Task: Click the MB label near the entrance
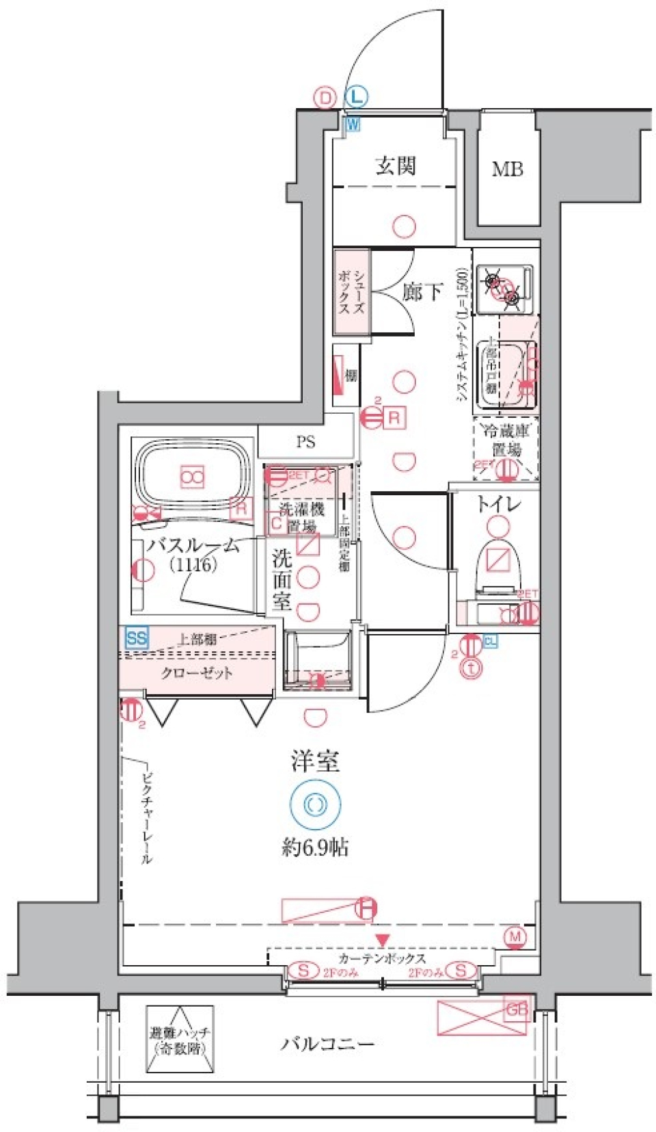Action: click(x=507, y=169)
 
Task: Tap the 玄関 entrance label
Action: click(x=395, y=166)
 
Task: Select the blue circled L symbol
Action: click(x=356, y=97)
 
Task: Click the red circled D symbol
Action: click(x=325, y=98)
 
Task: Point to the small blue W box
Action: click(x=353, y=124)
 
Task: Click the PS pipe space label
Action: click(x=305, y=442)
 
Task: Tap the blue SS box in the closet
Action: click(x=137, y=638)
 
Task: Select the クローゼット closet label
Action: click(x=197, y=673)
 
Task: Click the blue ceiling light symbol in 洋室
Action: click(x=314, y=804)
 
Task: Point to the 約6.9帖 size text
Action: click(x=315, y=847)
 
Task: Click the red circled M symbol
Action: click(x=515, y=936)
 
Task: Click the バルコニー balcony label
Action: click(x=327, y=1044)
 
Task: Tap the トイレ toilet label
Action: click(x=498, y=505)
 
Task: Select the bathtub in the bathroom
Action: click(x=192, y=475)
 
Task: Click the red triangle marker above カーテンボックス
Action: click(x=382, y=941)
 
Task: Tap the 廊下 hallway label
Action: click(x=421, y=293)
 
